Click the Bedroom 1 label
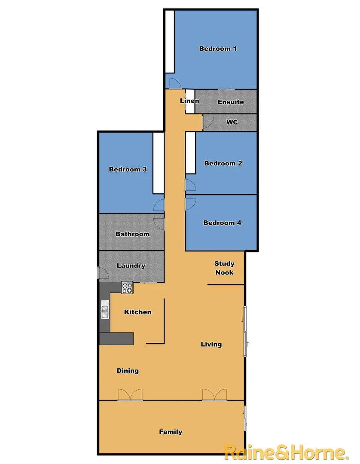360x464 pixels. pyautogui.click(x=218, y=49)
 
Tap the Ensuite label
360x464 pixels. pyautogui.click(x=231, y=102)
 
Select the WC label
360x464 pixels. pyautogui.click(x=232, y=122)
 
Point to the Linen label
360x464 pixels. pyautogui.click(x=189, y=101)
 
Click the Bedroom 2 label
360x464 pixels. pyautogui.click(x=223, y=163)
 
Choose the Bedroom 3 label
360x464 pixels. pyautogui.click(x=128, y=169)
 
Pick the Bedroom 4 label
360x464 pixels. pyautogui.click(x=222, y=223)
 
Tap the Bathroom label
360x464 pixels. pyautogui.click(x=132, y=234)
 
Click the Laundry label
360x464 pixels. pyautogui.click(x=131, y=266)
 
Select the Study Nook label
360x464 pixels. pyautogui.click(x=224, y=268)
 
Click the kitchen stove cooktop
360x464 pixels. pyautogui.click(x=127, y=287)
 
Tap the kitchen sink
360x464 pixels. pyautogui.click(x=105, y=310)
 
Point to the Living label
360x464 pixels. pyautogui.click(x=211, y=344)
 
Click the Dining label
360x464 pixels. pyautogui.click(x=128, y=371)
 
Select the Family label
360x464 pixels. pyautogui.click(x=171, y=432)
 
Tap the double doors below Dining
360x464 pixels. pyautogui.click(x=130, y=395)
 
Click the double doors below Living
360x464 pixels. pyautogui.click(x=215, y=395)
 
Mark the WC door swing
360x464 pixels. pyautogui.click(x=207, y=123)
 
